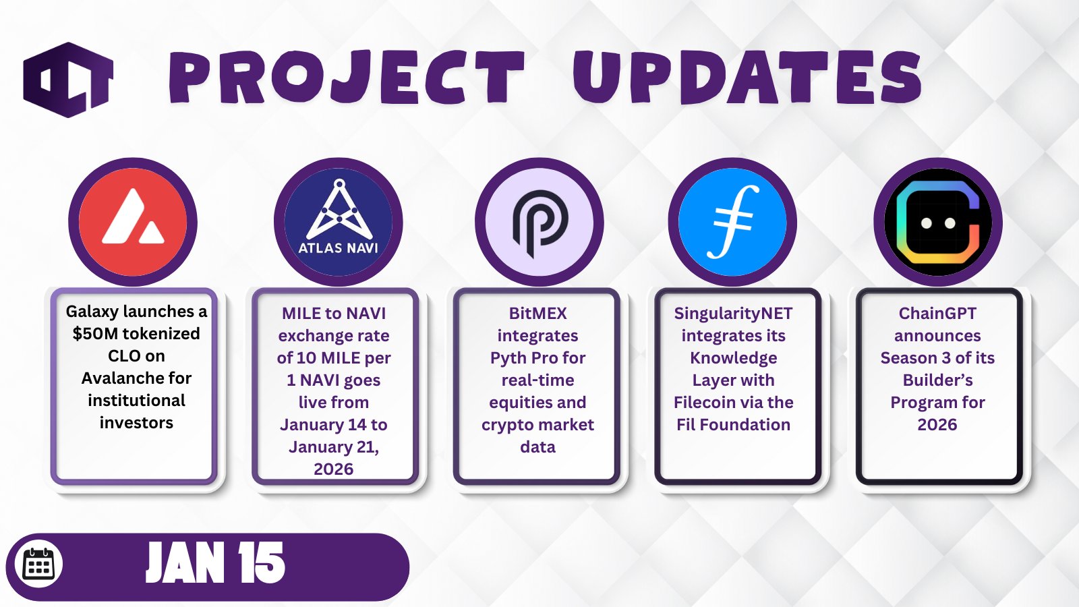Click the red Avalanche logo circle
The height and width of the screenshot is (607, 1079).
(132, 222)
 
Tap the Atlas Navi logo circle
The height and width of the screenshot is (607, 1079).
(338, 222)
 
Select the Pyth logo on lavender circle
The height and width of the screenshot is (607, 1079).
(539, 222)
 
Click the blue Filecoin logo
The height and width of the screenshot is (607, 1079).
(732, 222)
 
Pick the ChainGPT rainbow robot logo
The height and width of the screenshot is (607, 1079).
(938, 222)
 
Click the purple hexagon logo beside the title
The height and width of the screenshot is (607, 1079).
(68, 80)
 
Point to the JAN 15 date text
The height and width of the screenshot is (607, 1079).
(215, 562)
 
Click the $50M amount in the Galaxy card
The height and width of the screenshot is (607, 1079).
(95, 333)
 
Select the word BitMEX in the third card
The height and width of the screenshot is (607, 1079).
(537, 314)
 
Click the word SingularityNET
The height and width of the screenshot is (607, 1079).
(733, 314)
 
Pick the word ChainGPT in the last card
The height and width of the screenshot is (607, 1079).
(937, 314)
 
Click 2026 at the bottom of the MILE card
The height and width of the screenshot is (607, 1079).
(333, 469)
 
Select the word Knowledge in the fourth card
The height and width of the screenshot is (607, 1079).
(733, 358)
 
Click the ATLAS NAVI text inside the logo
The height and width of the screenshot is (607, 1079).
(338, 248)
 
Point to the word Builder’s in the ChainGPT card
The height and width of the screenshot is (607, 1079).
(937, 380)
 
